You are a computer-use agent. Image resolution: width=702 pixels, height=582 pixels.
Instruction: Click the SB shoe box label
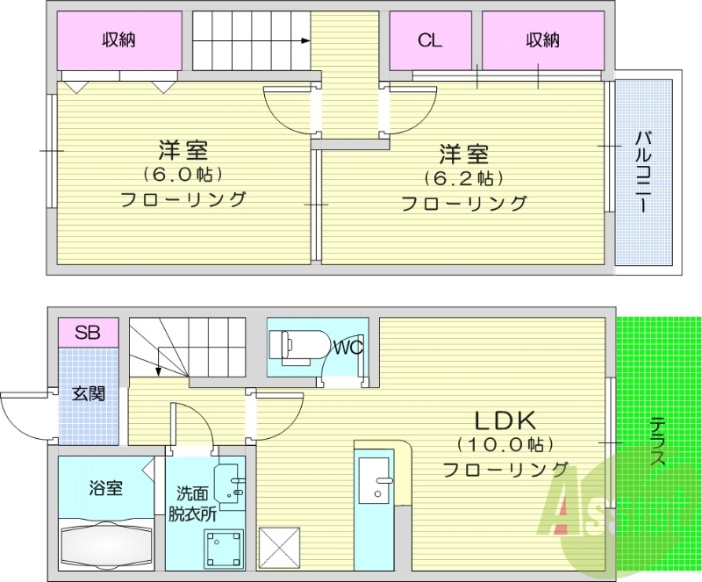87,333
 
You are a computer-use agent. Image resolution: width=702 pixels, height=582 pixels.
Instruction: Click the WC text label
348,348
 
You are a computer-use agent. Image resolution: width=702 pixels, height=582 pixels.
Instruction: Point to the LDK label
500,420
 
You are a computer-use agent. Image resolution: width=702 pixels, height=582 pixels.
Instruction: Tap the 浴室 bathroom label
106,488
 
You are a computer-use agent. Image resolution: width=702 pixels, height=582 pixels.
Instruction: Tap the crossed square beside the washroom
280,550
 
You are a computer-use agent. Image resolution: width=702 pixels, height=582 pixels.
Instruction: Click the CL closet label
429,40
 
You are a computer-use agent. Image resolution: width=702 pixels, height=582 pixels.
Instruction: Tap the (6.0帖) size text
183,174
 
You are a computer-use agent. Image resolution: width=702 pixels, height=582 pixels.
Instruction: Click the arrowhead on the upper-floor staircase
304,40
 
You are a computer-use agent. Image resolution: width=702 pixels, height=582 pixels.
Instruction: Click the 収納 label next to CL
542,40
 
